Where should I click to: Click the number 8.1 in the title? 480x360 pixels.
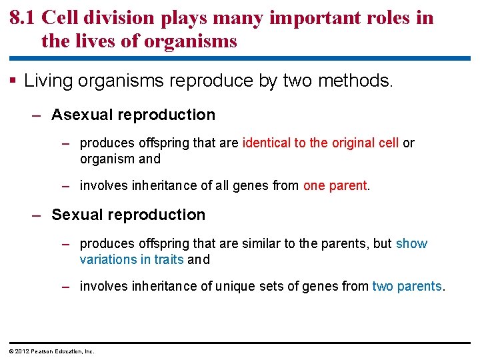pyautogui.click(x=23, y=17)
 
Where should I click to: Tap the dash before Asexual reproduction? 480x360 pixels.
pyautogui.click(x=37, y=115)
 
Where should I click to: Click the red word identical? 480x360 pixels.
pyautogui.click(x=267, y=143)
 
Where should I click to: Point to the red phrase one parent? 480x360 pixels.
pyautogui.click(x=335, y=186)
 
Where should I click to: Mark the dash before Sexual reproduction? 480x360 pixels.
pyautogui.click(x=37, y=215)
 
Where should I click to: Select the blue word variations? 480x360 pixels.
pyautogui.click(x=107, y=259)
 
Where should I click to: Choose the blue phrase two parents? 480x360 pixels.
pyautogui.click(x=407, y=286)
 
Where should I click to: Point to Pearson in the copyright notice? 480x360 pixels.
pyautogui.click(x=43, y=351)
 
